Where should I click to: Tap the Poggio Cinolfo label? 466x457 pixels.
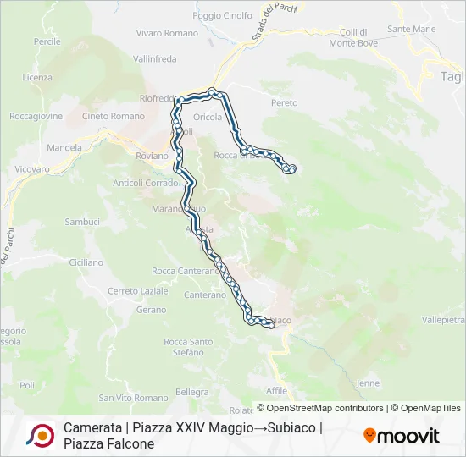(x=223, y=15)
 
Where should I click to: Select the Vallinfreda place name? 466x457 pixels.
(x=155, y=59)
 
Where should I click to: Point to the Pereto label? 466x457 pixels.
(x=285, y=103)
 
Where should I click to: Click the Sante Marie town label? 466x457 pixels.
(x=411, y=29)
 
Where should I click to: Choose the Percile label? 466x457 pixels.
(x=47, y=41)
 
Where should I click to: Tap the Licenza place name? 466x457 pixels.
(x=38, y=77)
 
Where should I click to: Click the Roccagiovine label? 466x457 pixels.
(x=36, y=117)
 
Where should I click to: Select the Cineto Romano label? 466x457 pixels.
(x=114, y=116)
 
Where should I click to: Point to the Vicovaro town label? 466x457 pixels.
(x=32, y=169)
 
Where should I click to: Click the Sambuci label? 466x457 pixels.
(x=82, y=222)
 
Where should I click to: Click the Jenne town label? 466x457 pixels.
(x=369, y=383)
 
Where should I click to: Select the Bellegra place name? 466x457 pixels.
(x=191, y=392)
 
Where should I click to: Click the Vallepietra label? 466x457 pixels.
(x=444, y=321)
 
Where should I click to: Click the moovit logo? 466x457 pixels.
(x=402, y=436)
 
